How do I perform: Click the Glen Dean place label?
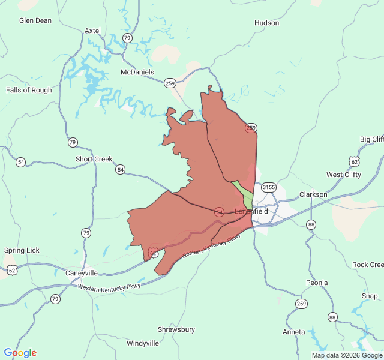pos(35,20)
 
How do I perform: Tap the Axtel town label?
pos(92,31)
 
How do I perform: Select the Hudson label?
pos(266,23)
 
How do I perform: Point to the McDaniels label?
pos(137,72)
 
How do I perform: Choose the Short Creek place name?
pos(94,159)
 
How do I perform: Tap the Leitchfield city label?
pos(251,212)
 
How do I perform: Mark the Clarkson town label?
pos(313,194)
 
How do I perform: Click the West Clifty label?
pos(344,175)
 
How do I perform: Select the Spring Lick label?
pos(22,250)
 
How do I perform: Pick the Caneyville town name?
pos(81,273)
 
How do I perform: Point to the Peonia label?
pos(316,283)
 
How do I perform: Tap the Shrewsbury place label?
pos(176,329)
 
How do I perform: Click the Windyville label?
pos(143,343)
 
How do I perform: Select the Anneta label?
pos(294,332)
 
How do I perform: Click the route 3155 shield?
pos(268,187)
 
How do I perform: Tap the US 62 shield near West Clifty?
pos(354,161)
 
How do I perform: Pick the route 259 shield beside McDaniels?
pos(170,83)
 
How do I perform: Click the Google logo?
pos(20,353)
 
